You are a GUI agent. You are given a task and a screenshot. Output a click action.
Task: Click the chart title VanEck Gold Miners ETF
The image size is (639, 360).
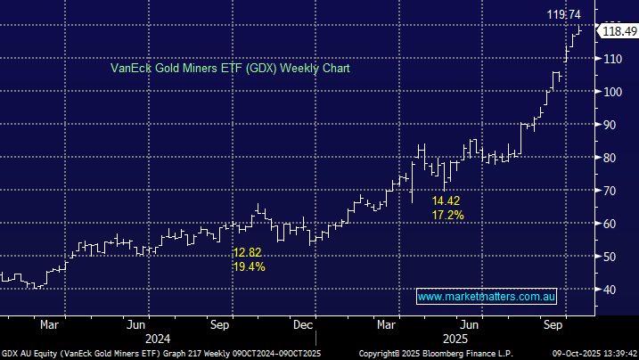(230, 68)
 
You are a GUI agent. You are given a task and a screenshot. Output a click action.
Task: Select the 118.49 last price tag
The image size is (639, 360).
(619, 31)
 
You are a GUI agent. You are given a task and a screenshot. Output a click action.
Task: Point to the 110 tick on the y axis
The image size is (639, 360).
(611, 59)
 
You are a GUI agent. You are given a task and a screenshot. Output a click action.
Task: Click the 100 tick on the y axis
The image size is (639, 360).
(611, 92)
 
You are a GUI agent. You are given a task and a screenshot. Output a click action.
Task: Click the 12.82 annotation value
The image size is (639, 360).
(246, 252)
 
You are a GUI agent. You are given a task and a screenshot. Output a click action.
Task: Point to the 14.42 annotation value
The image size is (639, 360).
(446, 201)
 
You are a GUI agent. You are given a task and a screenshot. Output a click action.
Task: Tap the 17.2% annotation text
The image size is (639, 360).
(446, 216)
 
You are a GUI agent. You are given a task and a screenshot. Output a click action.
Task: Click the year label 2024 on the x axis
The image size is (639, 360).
(157, 340)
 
